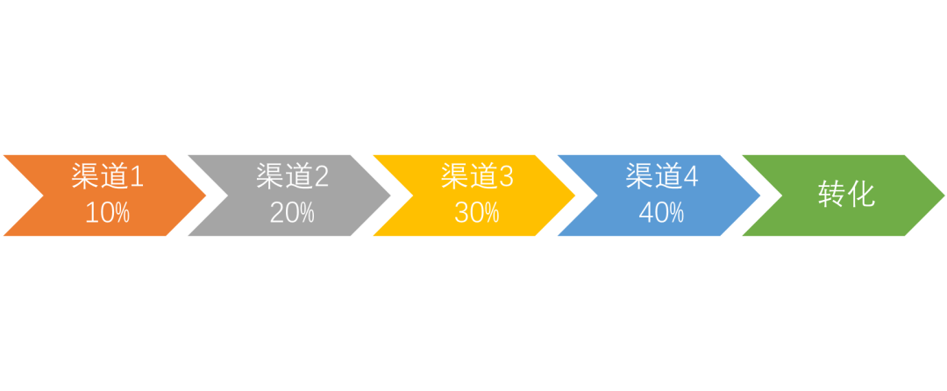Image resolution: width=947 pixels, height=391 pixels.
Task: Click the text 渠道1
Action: point(107,177)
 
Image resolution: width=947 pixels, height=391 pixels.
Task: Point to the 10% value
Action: point(107,213)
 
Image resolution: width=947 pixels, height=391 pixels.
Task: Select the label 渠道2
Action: point(292,177)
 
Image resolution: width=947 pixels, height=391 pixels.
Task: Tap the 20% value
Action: point(292,213)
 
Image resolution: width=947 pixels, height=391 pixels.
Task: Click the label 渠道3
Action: point(477,177)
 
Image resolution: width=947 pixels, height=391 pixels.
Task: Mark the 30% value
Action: point(477,213)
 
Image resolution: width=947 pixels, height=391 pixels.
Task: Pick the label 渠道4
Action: point(662,177)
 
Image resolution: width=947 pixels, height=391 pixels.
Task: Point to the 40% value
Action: point(662,213)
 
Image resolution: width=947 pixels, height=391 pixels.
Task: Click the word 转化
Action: point(846,195)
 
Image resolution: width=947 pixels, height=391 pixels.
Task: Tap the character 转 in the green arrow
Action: point(831,195)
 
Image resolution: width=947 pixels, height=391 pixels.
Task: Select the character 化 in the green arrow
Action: point(862,195)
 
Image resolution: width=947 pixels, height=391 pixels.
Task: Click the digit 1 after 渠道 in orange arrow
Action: point(136,177)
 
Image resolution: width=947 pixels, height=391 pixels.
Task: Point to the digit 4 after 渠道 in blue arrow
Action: point(691,177)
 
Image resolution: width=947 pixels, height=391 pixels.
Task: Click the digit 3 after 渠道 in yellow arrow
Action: point(506,177)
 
